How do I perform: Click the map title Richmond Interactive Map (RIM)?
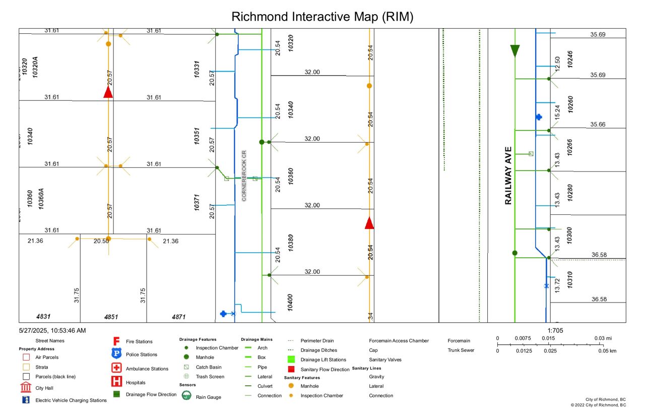(x=322, y=17)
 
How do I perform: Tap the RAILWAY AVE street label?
(x=508, y=175)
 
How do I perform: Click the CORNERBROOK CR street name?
(x=244, y=175)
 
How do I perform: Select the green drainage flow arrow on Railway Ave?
(x=514, y=50)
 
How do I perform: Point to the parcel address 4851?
(x=111, y=317)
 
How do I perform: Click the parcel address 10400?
(x=290, y=303)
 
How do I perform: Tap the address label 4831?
(x=43, y=317)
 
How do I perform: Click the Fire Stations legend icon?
(x=116, y=341)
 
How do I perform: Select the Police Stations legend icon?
(x=116, y=354)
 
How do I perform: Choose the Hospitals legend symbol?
(x=116, y=382)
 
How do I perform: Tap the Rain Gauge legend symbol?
(x=186, y=396)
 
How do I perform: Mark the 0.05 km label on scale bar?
(x=607, y=350)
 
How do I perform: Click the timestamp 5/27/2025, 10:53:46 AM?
(x=52, y=330)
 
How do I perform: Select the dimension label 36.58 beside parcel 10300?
(x=599, y=255)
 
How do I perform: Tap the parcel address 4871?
(x=178, y=317)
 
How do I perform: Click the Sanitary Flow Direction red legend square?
(x=291, y=369)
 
